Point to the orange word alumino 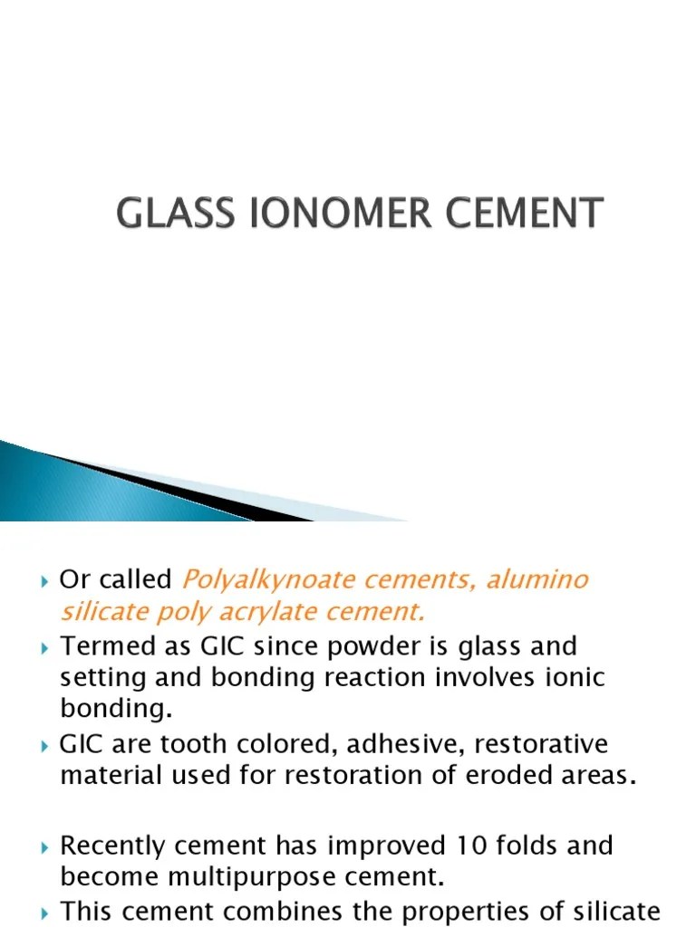pyautogui.click(x=540, y=579)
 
